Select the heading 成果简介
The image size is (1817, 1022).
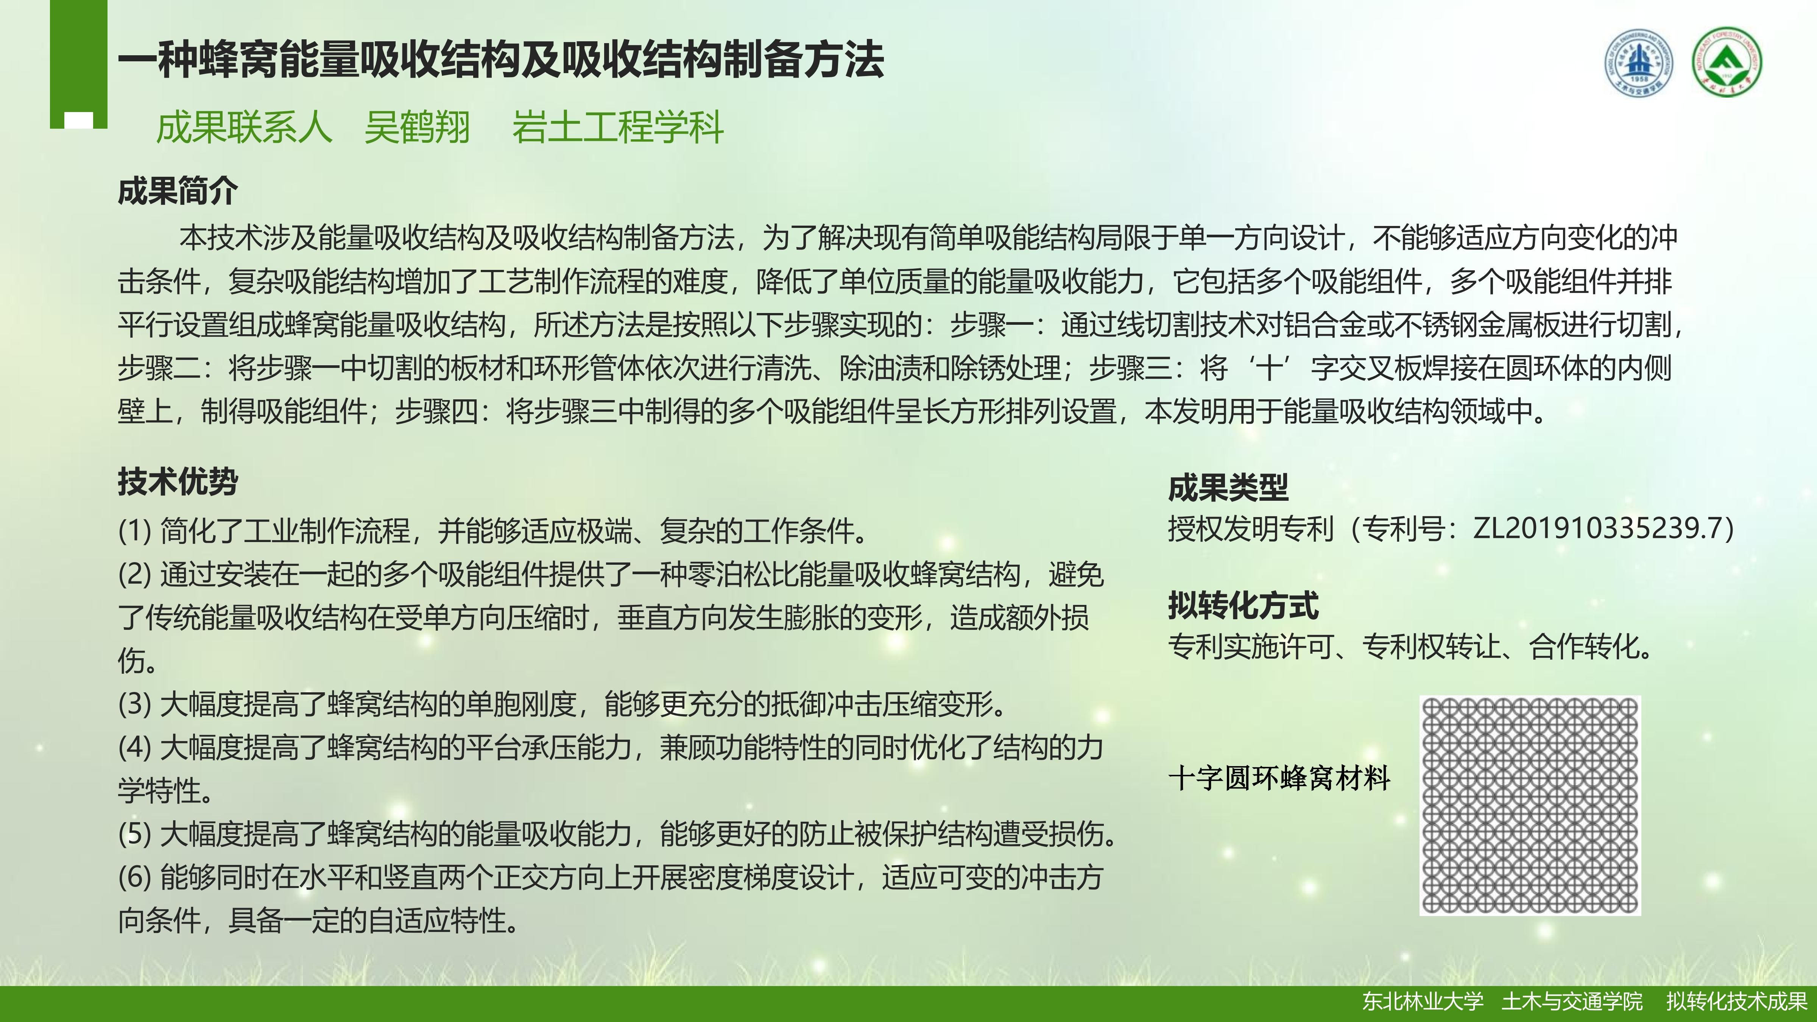[x=178, y=190]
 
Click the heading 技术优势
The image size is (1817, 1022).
[x=178, y=482]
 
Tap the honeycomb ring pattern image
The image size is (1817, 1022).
[x=1530, y=805]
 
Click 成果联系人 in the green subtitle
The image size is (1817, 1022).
[x=244, y=128]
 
